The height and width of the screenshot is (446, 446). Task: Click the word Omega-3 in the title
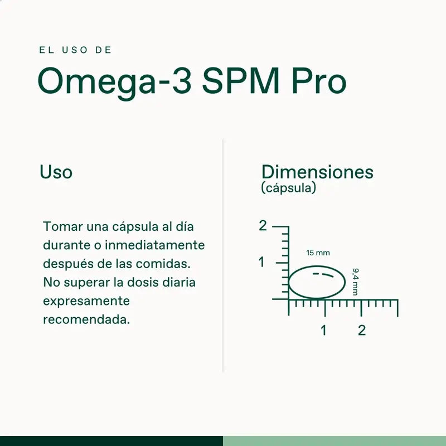tap(115, 82)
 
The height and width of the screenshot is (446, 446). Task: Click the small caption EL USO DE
tap(76, 50)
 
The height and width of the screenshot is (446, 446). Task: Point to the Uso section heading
tap(56, 172)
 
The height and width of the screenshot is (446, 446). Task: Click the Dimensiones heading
tap(317, 172)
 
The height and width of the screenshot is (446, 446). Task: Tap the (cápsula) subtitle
tap(288, 188)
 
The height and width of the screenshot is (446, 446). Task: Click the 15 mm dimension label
tap(318, 253)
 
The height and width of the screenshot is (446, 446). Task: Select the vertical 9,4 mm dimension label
tap(355, 282)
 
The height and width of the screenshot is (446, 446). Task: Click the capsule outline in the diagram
tap(316, 282)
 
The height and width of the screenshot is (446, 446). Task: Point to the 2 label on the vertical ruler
tap(263, 226)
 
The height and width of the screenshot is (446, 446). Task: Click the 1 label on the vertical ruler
tap(261, 262)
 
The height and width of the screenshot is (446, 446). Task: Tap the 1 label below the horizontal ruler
tap(323, 330)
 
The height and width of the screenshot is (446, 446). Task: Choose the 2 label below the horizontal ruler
tap(362, 330)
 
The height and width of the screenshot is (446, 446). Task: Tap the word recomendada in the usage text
tap(86, 320)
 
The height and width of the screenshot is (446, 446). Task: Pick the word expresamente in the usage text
tap(86, 301)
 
